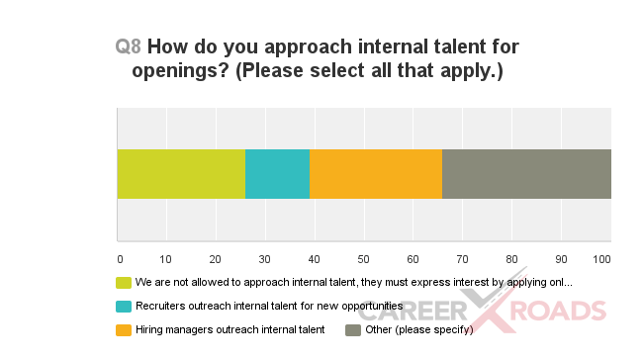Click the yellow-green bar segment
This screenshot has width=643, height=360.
pyautogui.click(x=181, y=174)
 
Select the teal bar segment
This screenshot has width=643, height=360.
pyautogui.click(x=277, y=174)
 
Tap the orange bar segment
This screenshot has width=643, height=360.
pyautogui.click(x=376, y=174)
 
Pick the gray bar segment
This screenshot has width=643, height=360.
pyautogui.click(x=526, y=174)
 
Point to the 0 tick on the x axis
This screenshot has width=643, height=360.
pyautogui.click(x=120, y=260)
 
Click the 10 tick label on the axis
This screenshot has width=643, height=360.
pyautogui.click(x=168, y=260)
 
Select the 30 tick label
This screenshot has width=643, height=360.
pyautogui.click(x=266, y=260)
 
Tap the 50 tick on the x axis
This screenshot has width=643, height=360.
pyautogui.click(x=365, y=260)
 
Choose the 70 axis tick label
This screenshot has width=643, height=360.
pyautogui.click(x=463, y=260)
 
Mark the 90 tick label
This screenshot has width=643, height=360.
pyautogui.click(x=561, y=260)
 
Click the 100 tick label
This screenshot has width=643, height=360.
pyautogui.click(x=601, y=260)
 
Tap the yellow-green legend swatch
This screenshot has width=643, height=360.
pyautogui.click(x=124, y=283)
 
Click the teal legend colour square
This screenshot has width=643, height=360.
pyautogui.click(x=124, y=307)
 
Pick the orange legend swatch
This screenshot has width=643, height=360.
pyautogui.click(x=124, y=330)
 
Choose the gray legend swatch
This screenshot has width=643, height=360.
pyautogui.click(x=351, y=330)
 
